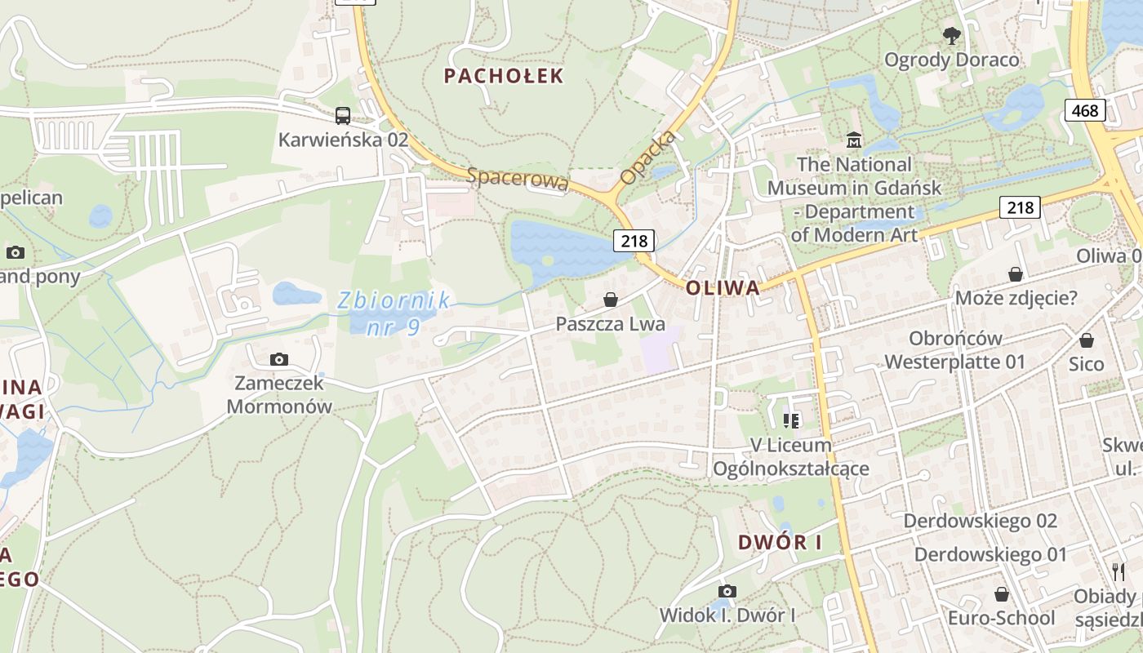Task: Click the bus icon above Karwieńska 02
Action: [x=343, y=116]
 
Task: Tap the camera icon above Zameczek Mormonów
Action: [x=279, y=359]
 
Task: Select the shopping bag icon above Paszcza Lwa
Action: [x=610, y=300]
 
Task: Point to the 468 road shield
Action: [x=1085, y=109]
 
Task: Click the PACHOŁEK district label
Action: [x=504, y=76]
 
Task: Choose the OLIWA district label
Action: [x=723, y=287]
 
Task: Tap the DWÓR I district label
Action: [x=780, y=542]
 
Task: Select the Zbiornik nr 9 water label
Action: [x=393, y=313]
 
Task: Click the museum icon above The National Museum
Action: [x=854, y=140]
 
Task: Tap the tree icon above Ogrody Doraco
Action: [x=951, y=35]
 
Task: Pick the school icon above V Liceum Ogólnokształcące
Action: [x=790, y=421]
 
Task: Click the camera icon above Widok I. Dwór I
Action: [x=727, y=591]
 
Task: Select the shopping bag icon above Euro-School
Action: [x=1001, y=594]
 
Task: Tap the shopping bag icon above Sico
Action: [x=1086, y=340]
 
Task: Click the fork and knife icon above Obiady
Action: [x=1118, y=571]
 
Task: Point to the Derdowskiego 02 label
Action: [x=980, y=521]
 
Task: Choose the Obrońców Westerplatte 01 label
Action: [x=955, y=349]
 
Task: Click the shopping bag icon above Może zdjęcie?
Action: [x=1016, y=273]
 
